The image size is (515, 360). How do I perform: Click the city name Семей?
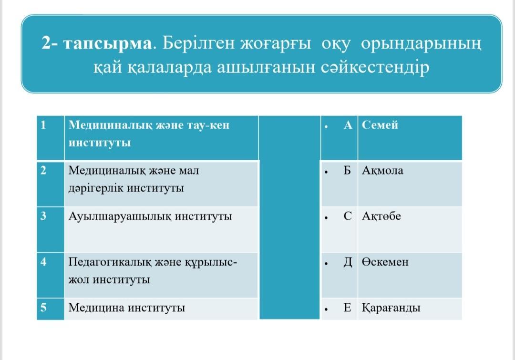380,125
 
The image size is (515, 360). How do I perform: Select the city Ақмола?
382,171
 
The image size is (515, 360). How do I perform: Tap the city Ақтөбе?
381,216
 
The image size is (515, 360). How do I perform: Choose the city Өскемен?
385,262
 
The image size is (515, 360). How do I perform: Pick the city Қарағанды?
391,308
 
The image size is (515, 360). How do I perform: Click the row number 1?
43,125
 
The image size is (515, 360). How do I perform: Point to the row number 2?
43,171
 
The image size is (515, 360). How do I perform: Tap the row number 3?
43,216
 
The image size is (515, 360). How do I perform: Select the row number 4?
43,262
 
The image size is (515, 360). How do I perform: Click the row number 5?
43,308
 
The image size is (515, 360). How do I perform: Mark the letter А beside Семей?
348,125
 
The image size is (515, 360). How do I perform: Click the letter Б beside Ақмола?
347,171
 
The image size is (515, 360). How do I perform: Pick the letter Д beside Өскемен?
348,262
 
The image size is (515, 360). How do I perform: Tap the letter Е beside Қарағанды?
347,308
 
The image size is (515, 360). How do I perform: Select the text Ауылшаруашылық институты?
150,216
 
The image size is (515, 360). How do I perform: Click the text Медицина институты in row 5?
126,308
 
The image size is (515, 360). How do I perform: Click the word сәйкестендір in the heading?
375,68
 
